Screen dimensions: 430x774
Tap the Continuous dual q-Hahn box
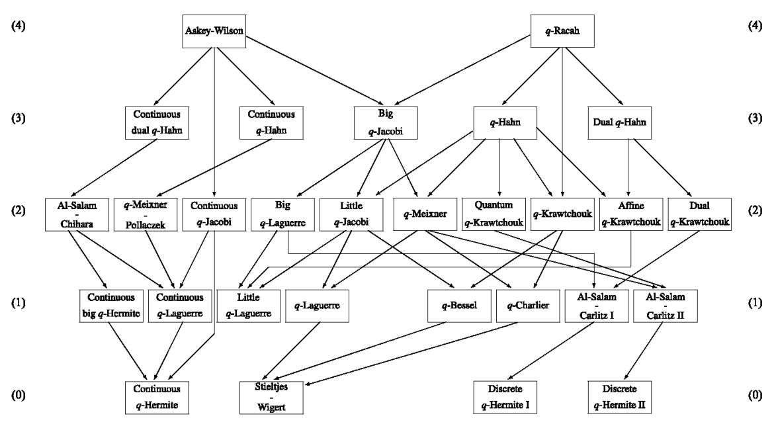(x=156, y=122)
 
